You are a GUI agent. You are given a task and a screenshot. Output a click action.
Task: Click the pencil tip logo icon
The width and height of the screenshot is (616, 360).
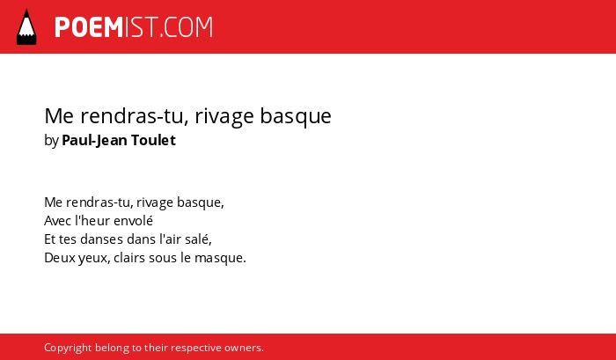pos(26,27)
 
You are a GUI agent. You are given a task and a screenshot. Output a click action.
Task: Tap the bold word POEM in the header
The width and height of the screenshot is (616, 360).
pos(89,27)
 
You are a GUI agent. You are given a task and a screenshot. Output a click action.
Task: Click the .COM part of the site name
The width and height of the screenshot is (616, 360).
pos(186,27)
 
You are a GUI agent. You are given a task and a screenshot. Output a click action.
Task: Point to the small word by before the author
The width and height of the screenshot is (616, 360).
pos(51,141)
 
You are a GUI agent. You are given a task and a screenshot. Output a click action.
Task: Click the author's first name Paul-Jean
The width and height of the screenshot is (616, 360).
pos(94,140)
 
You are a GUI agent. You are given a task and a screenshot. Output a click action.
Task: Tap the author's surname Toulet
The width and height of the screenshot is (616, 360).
pos(153,140)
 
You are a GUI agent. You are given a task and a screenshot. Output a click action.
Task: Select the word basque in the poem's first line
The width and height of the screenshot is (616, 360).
pos(201,202)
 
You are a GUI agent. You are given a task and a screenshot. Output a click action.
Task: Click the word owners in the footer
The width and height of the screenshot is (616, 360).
pos(244,349)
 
